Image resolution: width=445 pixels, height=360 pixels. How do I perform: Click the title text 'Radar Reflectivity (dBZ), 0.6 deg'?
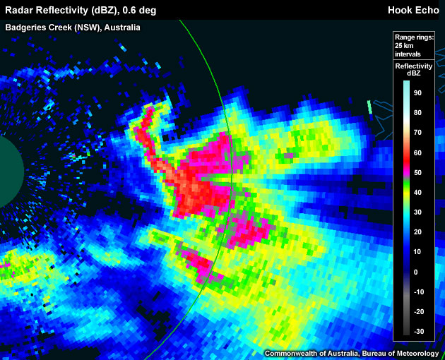coord(81,10)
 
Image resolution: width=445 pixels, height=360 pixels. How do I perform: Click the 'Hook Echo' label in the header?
coord(413,10)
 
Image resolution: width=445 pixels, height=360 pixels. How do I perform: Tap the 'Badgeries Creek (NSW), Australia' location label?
coord(73,28)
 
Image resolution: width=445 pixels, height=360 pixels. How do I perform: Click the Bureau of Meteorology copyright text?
coord(352,352)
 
